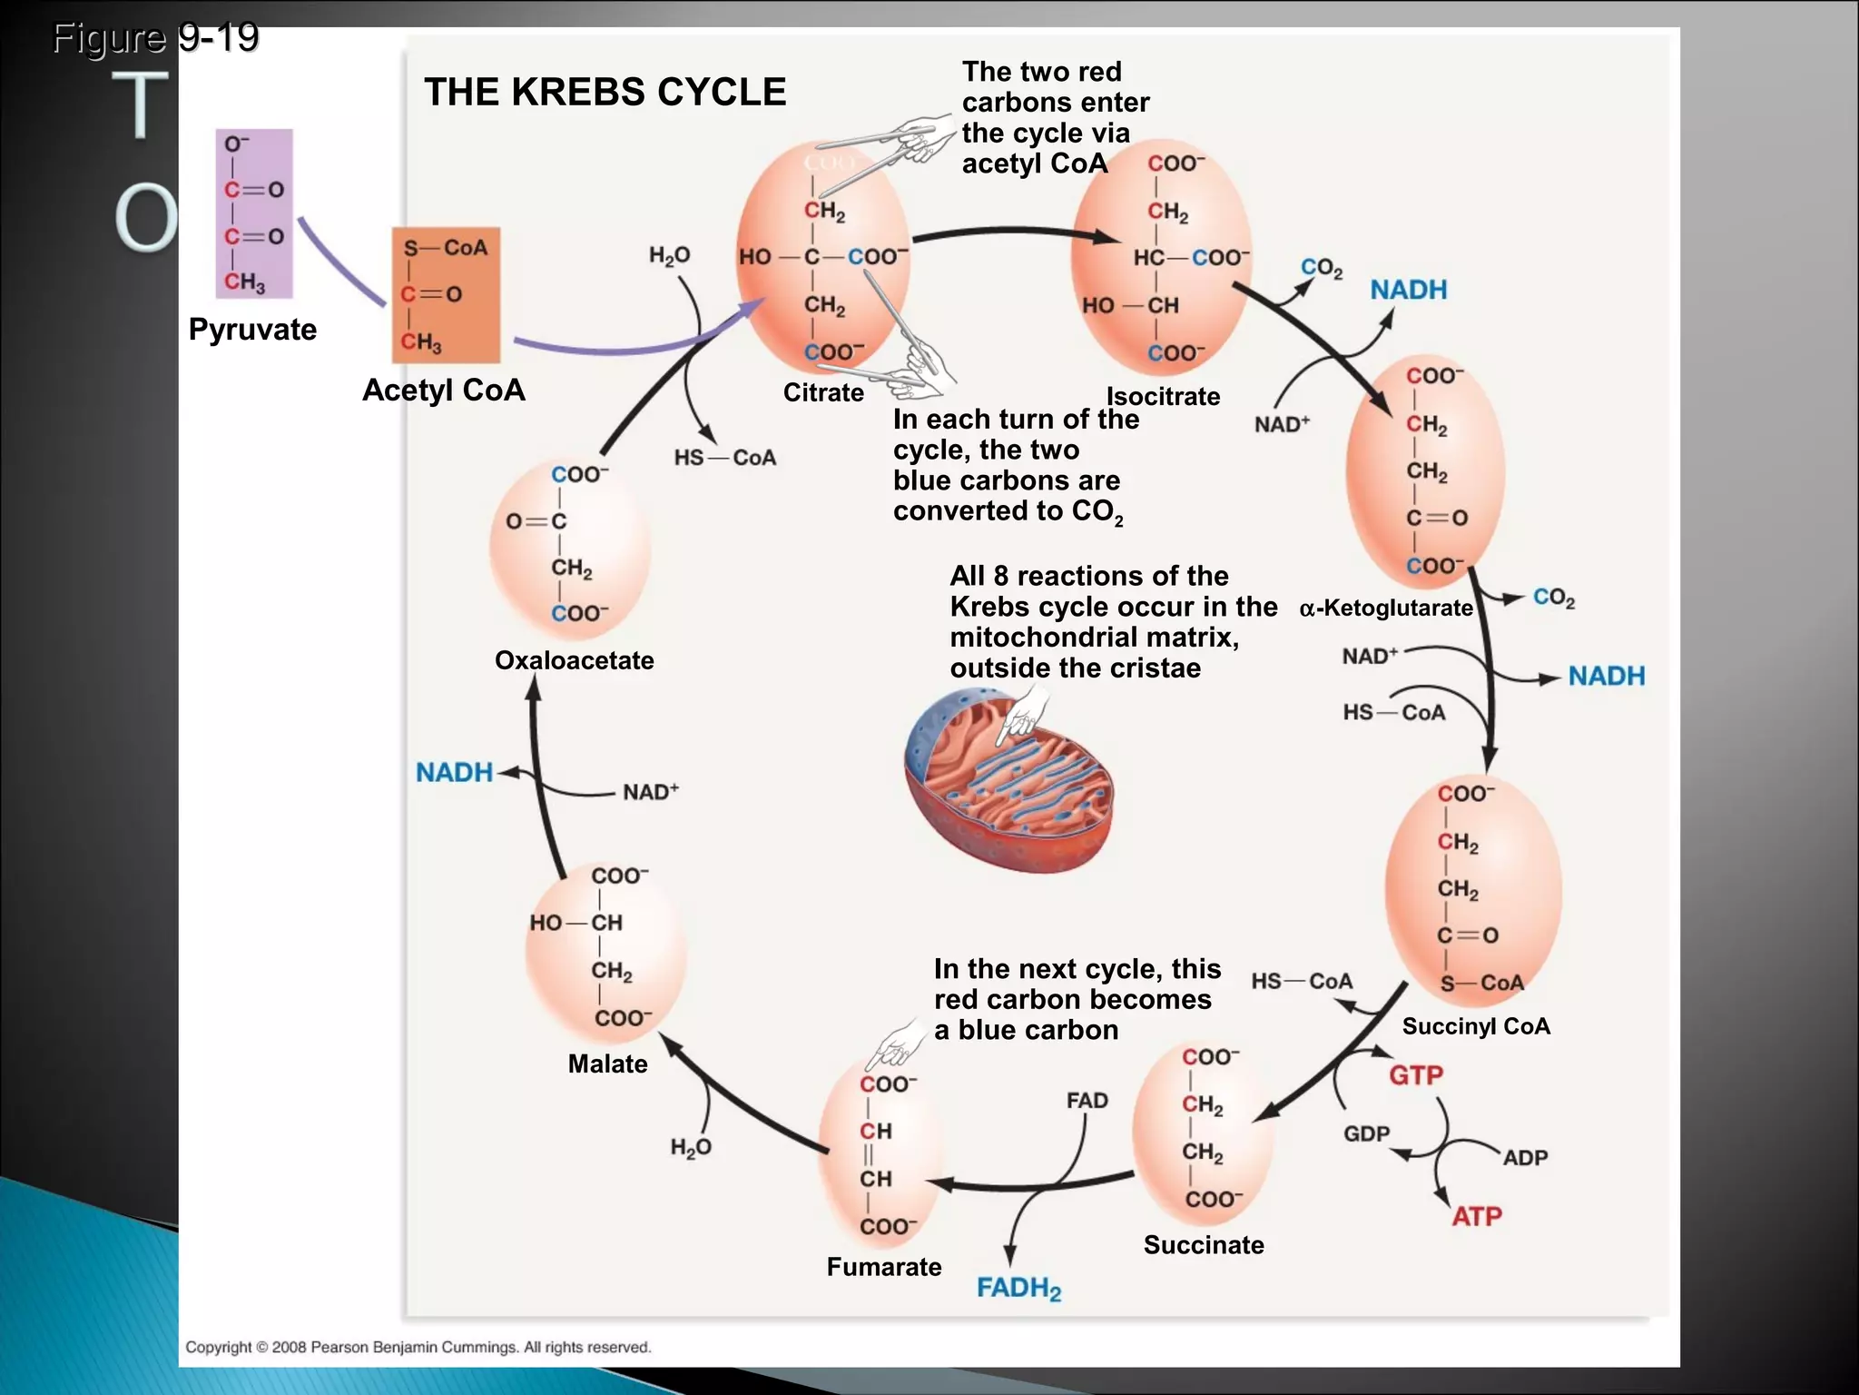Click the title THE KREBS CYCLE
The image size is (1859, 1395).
605,92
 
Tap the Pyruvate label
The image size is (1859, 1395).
252,329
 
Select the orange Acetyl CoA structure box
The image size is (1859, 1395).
446,295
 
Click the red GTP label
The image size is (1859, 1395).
1415,1075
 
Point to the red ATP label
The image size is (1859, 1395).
1476,1216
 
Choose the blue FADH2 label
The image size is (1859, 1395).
1018,1288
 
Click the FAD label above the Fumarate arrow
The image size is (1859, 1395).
1087,1101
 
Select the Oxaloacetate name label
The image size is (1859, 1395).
574,660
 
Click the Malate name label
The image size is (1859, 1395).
607,1064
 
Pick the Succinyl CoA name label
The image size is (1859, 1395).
1476,1026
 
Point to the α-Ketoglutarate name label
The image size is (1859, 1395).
1386,608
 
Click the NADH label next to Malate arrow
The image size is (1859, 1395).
454,772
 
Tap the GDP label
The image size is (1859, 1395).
1366,1134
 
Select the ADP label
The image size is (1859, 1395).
1525,1158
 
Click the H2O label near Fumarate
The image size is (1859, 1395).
691,1148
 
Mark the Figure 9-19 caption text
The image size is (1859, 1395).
155,37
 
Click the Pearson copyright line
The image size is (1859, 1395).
418,1347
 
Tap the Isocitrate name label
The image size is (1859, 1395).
1163,396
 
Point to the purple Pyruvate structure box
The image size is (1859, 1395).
254,214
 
